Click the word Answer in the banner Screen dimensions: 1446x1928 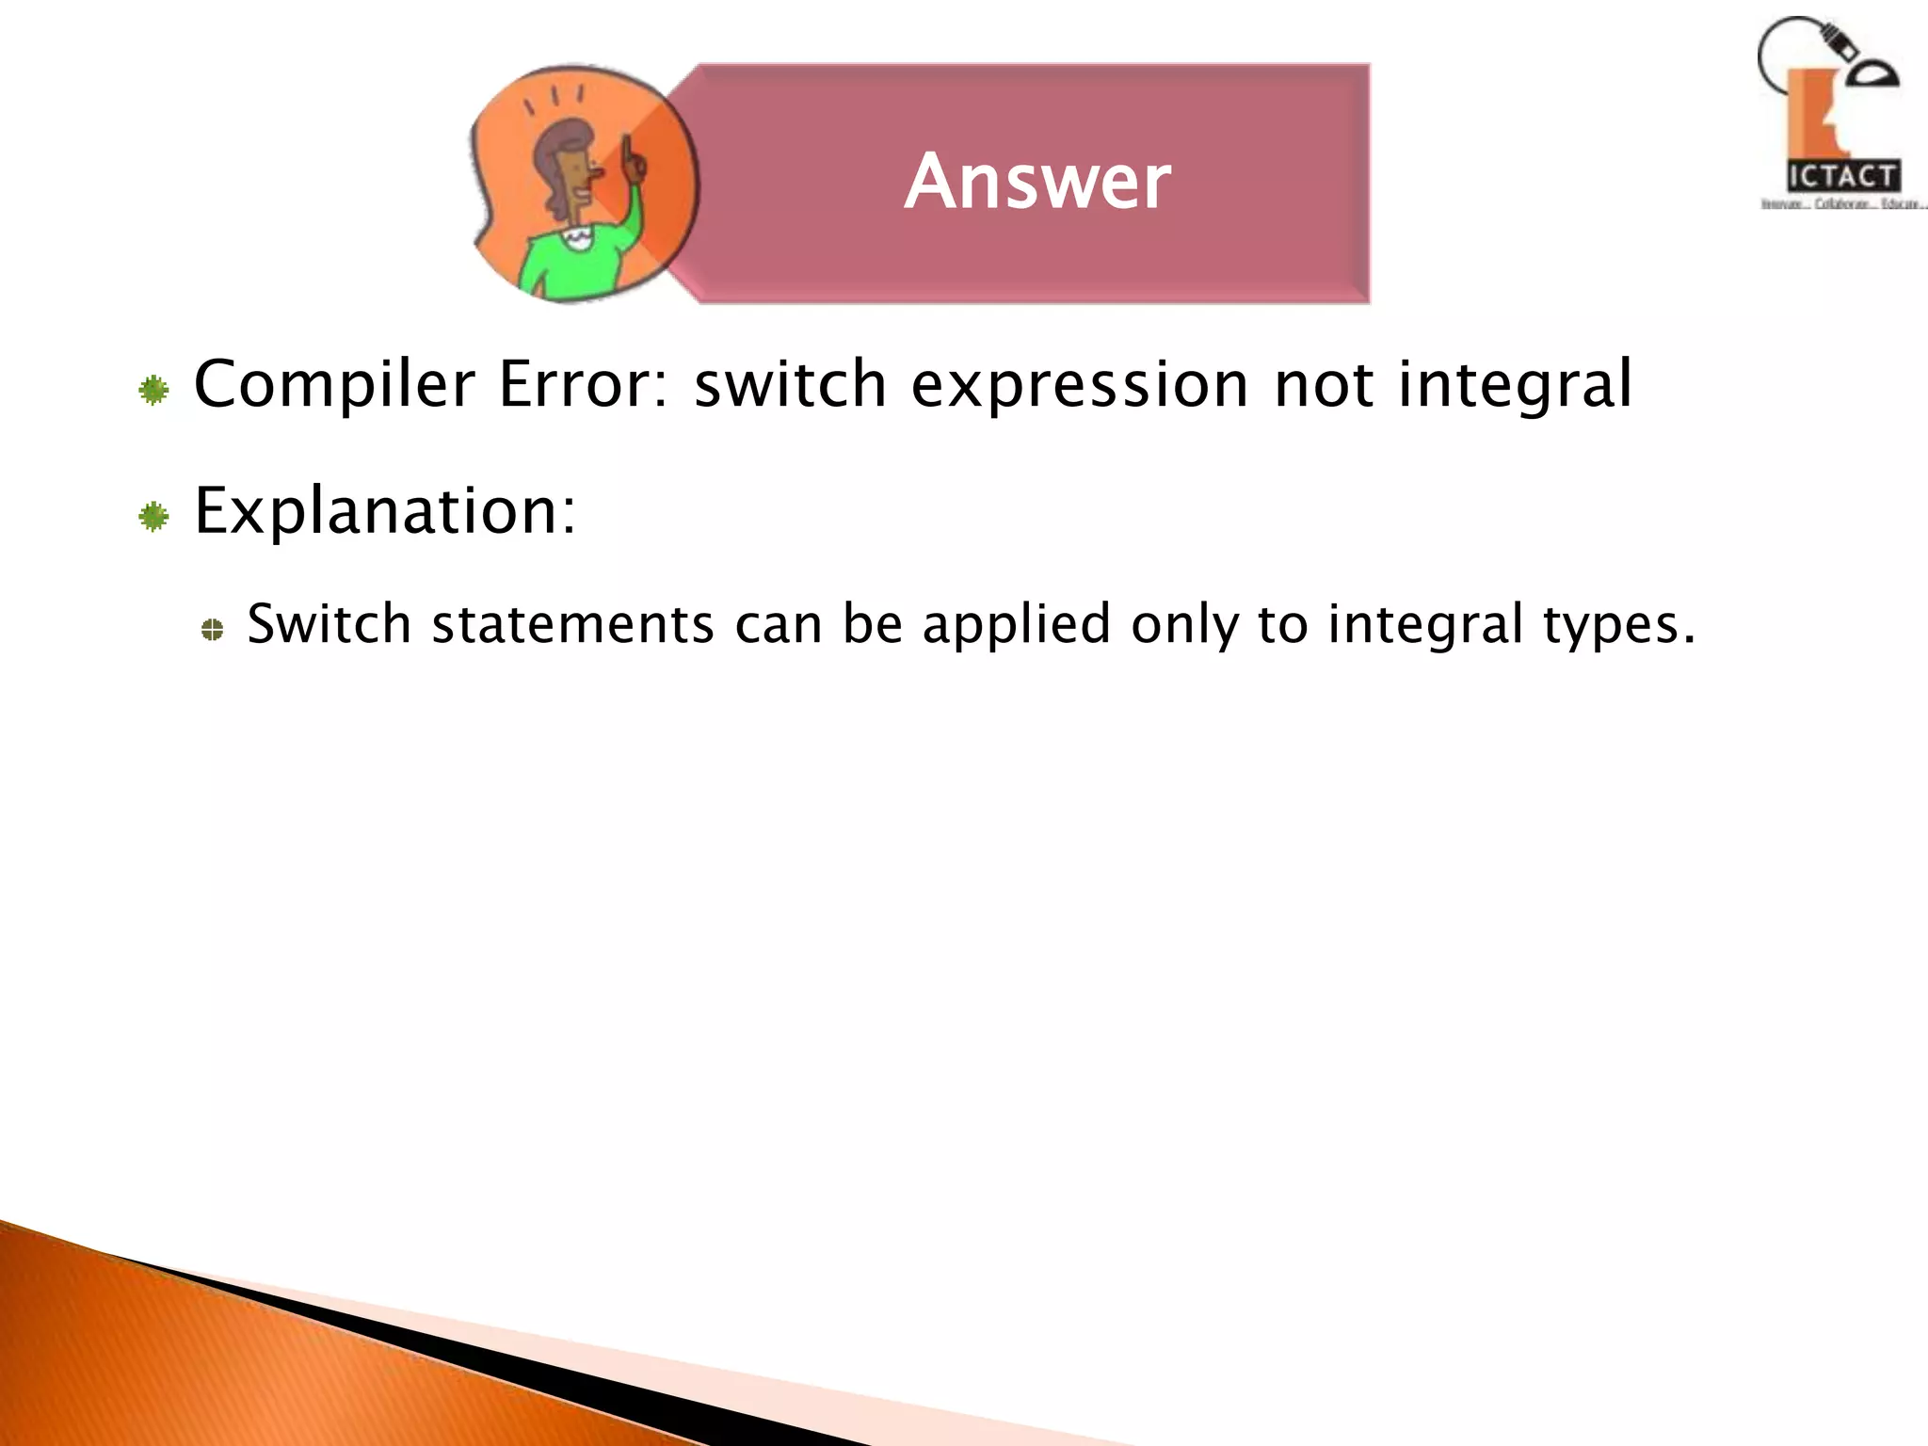click(x=1037, y=181)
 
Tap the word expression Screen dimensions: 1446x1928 click(x=1079, y=386)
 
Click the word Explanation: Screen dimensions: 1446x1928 click(x=385, y=512)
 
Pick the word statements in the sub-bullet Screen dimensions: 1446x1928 click(x=572, y=624)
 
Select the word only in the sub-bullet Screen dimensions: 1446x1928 click(x=1184, y=626)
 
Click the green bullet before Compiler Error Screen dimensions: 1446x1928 click(x=153, y=390)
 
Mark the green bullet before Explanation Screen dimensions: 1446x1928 click(x=153, y=517)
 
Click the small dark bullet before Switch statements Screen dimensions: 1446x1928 click(x=213, y=630)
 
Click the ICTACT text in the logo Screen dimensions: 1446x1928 click(x=1842, y=176)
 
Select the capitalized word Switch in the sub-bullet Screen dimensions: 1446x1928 click(x=329, y=624)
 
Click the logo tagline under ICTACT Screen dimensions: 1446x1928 click(x=1842, y=203)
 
